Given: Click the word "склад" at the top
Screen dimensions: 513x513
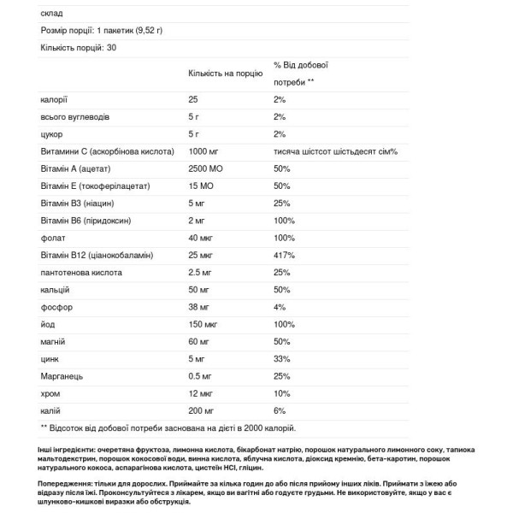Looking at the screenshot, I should tap(51, 13).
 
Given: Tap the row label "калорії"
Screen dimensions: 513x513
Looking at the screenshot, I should tap(53, 99).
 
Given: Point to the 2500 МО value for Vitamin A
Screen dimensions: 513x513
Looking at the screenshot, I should tap(208, 168).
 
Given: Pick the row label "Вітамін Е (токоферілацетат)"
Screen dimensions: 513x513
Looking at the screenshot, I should tap(95, 186).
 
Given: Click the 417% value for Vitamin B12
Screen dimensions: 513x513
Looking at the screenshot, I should tap(284, 255).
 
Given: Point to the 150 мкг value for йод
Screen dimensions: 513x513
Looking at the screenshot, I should tap(204, 324).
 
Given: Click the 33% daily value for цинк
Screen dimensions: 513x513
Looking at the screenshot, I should tap(282, 359).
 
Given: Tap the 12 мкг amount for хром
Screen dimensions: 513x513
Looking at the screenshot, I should tap(202, 393).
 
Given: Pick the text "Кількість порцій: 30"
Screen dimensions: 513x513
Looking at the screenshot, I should tap(78, 47).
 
